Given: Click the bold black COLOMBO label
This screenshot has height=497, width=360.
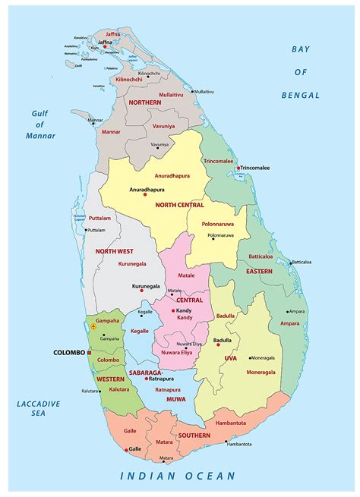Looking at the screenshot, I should (69, 353).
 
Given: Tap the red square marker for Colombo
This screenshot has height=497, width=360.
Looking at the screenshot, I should (90, 353).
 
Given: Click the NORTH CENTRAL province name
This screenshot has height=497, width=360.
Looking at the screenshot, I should (179, 205).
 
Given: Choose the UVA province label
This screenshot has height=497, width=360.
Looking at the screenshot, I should (230, 357).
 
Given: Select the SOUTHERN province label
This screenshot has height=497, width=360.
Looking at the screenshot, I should (195, 436).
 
